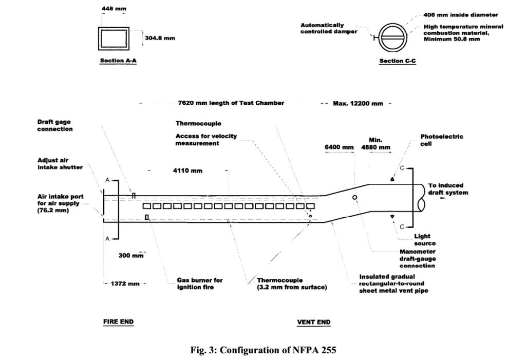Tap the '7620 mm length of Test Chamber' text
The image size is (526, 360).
(x=231, y=103)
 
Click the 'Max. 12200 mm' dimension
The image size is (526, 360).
(x=358, y=103)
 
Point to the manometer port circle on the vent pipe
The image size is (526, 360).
(x=354, y=198)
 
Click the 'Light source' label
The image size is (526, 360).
(x=424, y=240)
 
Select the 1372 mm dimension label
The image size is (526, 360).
(x=125, y=283)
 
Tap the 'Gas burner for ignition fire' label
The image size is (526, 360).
(x=199, y=283)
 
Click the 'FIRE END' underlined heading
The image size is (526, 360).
(x=118, y=322)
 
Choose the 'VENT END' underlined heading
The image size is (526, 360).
(x=314, y=323)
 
